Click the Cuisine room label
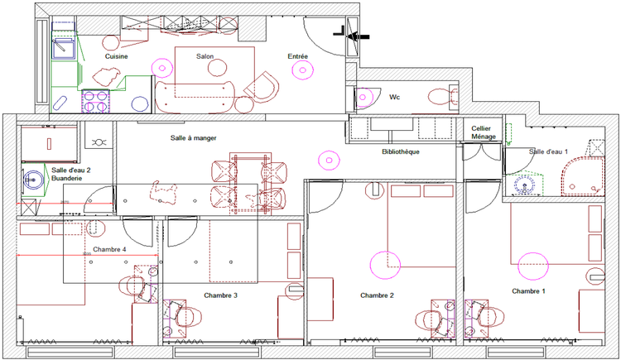117,56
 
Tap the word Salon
205,56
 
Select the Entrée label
298,56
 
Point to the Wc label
394,97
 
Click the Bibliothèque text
401,151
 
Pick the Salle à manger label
194,138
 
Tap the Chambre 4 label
109,249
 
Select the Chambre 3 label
220,295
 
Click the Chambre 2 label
377,295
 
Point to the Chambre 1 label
528,291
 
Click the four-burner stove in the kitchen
96,102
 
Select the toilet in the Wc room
443,96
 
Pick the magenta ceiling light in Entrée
302,70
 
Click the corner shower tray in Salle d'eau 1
583,176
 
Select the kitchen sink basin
63,48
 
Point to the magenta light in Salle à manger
329,161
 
